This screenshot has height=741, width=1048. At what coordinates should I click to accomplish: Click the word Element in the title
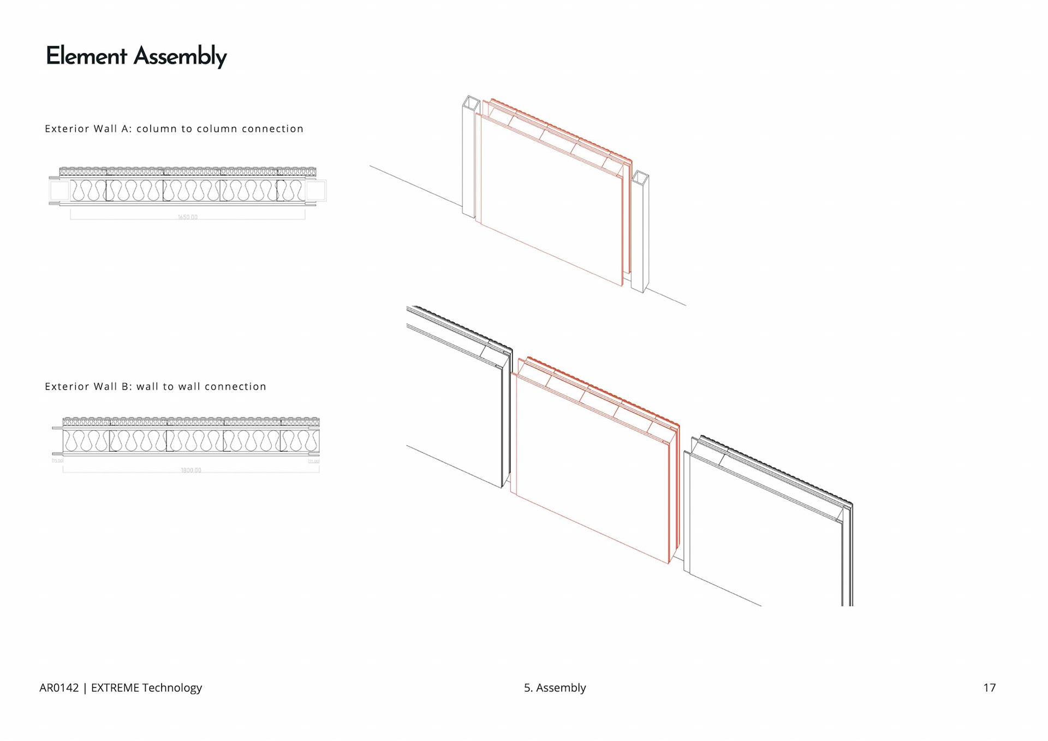(86, 56)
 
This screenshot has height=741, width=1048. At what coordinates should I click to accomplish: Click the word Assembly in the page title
(180, 57)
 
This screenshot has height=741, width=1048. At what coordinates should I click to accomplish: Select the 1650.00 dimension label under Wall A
(187, 217)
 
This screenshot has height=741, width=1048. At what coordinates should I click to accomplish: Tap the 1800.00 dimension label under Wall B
(190, 470)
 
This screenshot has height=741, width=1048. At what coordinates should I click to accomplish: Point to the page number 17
(989, 688)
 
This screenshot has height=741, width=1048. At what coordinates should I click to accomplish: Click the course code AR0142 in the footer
(59, 688)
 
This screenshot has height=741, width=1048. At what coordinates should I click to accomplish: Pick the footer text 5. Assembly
(555, 688)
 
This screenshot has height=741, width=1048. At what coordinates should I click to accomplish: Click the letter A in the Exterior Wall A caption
(126, 129)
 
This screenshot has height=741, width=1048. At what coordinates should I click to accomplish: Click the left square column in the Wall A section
(59, 191)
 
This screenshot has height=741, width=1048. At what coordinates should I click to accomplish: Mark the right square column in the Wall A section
(315, 191)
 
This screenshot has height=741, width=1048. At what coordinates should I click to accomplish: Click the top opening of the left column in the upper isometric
(471, 103)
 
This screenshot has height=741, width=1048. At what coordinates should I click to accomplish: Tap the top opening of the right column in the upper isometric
(640, 177)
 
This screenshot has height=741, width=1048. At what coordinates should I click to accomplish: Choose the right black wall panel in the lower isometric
(764, 524)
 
